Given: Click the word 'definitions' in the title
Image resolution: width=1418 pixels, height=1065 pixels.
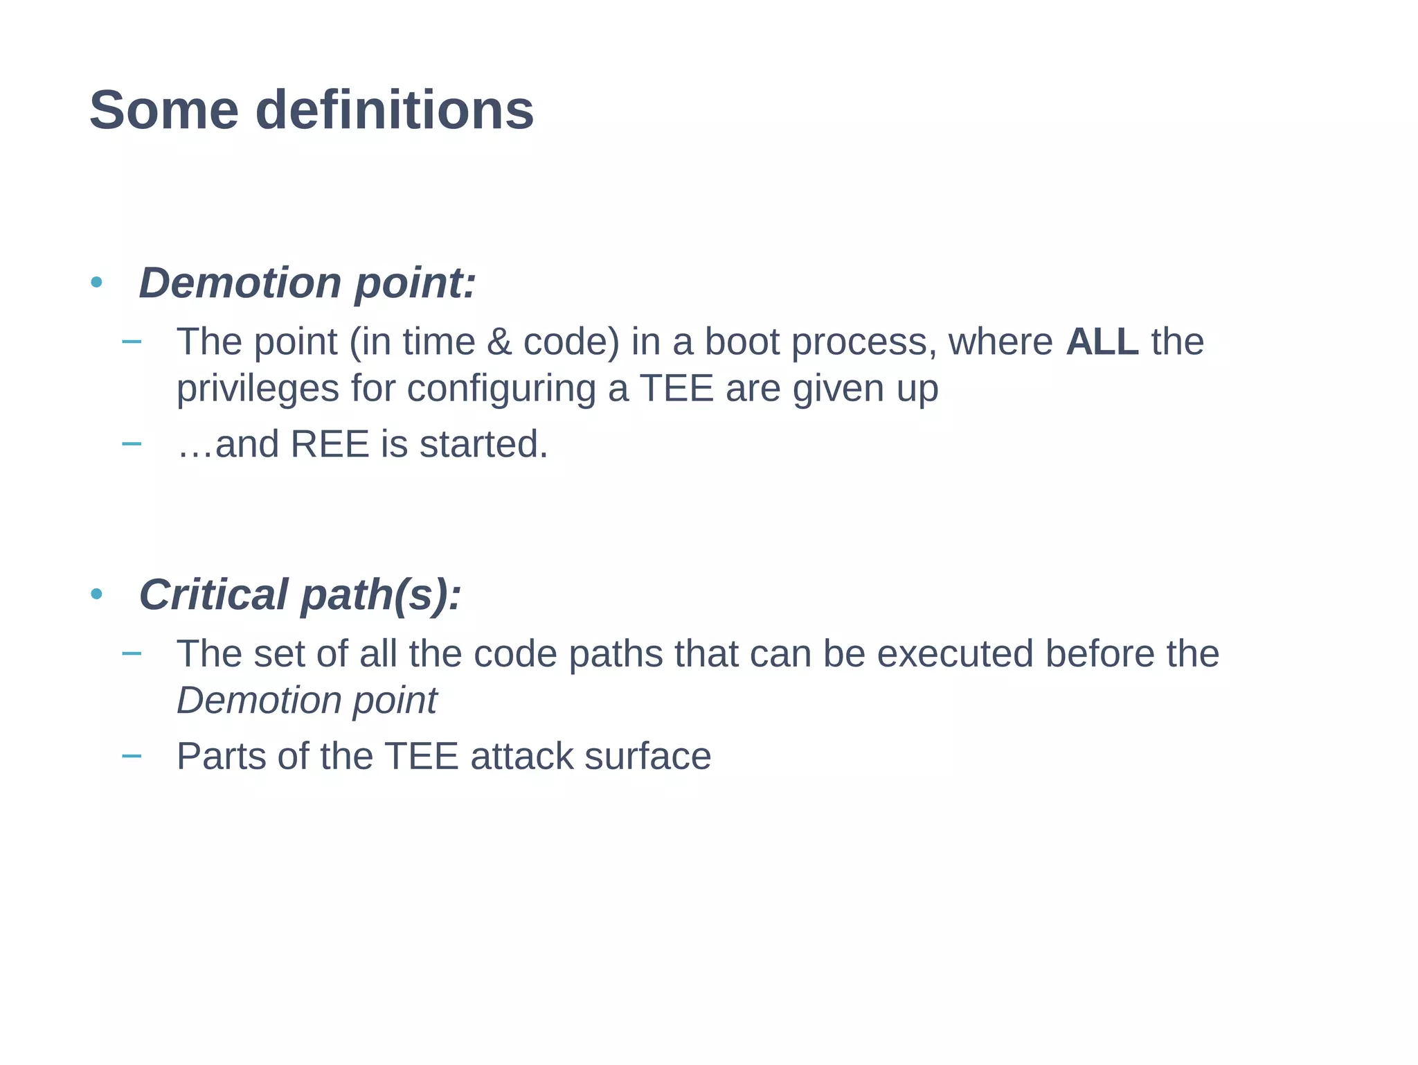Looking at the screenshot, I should [395, 111].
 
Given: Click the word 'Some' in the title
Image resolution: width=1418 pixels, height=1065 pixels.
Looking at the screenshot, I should [164, 111].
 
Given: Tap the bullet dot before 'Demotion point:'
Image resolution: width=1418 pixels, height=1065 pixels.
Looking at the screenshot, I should [96, 282].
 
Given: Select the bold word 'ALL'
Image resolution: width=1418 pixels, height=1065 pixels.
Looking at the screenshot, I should [1102, 342].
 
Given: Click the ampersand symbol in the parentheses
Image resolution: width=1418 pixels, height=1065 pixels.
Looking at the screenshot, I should [499, 342].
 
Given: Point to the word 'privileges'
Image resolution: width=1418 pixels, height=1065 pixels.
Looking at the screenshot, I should [258, 388].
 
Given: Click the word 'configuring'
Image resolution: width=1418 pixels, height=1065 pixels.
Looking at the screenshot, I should [501, 388].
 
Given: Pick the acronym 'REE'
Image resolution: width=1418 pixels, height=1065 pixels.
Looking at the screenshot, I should [330, 444].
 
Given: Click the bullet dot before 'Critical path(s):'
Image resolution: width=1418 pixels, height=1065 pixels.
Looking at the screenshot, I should [96, 594].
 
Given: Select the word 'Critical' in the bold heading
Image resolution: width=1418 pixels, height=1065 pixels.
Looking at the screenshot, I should [213, 595].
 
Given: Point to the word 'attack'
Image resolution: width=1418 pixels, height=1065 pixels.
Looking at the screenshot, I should [521, 756].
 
